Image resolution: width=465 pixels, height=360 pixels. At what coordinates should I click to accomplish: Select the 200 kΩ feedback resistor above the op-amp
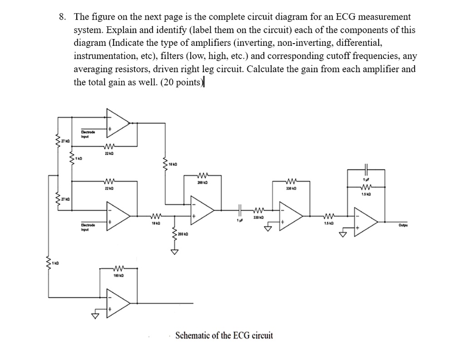coord(203,175)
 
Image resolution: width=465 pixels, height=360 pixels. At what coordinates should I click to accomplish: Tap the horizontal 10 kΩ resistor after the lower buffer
coord(156,217)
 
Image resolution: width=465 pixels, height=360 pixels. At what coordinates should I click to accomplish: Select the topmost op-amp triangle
coord(117,123)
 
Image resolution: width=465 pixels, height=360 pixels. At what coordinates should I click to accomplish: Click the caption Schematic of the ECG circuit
coord(224,335)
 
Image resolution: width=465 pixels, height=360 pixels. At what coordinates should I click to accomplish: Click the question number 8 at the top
coord(63,17)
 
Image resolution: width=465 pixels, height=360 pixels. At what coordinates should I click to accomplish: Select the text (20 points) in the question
coord(181,82)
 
